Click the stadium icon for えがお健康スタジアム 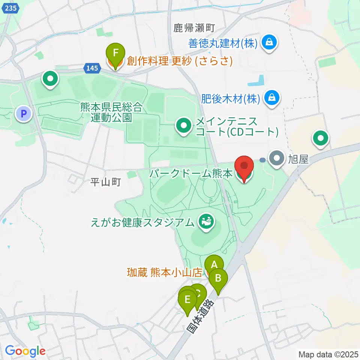click(x=206, y=222)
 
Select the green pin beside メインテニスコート click(x=184, y=126)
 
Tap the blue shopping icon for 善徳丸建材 click(x=270, y=43)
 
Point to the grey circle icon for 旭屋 click(x=277, y=159)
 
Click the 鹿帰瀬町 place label click(x=194, y=27)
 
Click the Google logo click(x=25, y=351)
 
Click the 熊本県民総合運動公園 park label click(x=111, y=112)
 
